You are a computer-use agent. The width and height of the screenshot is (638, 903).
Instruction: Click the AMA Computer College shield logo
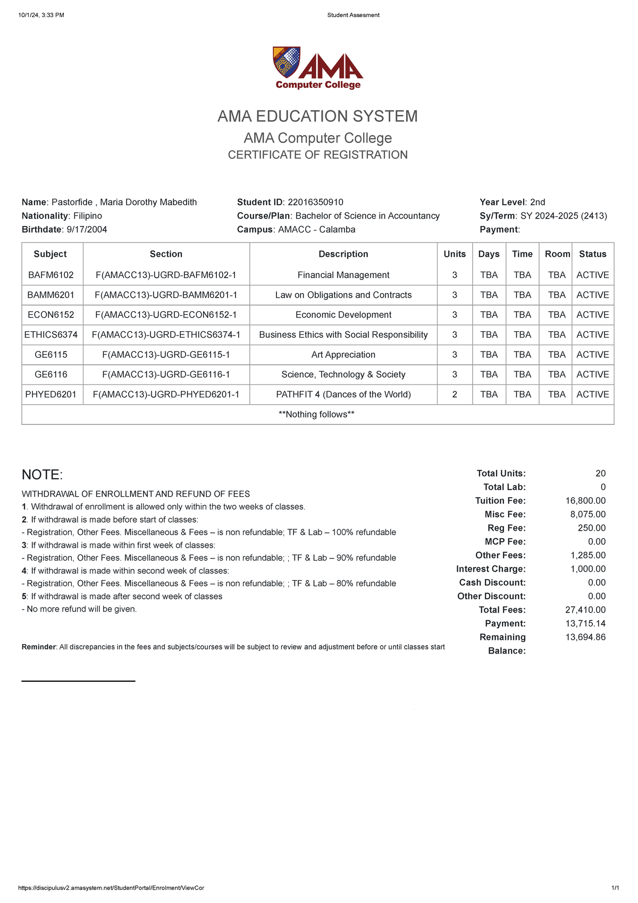coord(287,62)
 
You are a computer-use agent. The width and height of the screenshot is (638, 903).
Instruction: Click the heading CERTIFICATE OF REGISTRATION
coord(317,155)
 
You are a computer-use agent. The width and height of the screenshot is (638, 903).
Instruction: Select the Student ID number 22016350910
coord(315,202)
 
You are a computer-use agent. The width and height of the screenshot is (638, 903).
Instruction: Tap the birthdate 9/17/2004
coord(87,230)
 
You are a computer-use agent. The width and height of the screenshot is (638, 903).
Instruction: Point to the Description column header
coord(343,254)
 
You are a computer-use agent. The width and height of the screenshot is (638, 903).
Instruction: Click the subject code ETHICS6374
coord(51,335)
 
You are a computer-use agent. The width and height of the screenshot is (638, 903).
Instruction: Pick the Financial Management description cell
coord(343,275)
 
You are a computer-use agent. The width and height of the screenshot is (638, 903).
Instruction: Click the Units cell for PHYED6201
coord(454,395)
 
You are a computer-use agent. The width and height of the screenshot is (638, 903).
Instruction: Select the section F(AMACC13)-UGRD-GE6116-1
coord(166,375)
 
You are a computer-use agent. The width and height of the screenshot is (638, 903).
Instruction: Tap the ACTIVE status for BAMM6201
coord(592,295)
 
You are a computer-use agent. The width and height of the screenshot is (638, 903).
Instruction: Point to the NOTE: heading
coord(42,475)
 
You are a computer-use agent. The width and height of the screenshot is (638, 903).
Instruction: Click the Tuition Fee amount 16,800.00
coord(585,501)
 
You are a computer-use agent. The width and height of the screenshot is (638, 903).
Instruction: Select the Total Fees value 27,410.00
coord(585,610)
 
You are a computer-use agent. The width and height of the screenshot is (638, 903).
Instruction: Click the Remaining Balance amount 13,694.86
coord(585,638)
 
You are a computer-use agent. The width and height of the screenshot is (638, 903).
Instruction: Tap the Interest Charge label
coord(490,569)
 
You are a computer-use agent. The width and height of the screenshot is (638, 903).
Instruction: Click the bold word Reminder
coord(38,647)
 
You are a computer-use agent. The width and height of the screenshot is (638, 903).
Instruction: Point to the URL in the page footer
coord(111,888)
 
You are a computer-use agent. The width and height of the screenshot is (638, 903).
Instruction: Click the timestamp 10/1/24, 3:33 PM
coord(41,15)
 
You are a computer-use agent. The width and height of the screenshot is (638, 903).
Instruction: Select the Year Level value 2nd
coord(538,202)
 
